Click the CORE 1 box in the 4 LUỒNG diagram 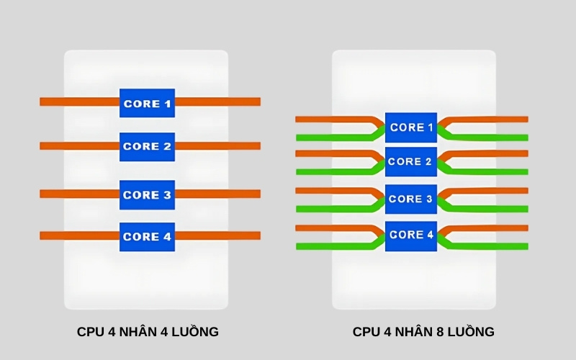(x=147, y=104)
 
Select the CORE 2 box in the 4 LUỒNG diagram (x=147, y=146)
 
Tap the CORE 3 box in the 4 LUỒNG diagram (x=147, y=194)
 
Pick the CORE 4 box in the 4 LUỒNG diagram (x=147, y=236)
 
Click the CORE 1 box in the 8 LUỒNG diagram (x=411, y=127)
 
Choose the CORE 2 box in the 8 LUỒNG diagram (x=411, y=162)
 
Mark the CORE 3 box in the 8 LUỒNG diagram (x=411, y=199)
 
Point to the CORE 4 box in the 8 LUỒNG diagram (x=411, y=235)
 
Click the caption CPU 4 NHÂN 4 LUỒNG (x=148, y=332)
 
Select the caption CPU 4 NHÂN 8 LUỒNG (x=423, y=332)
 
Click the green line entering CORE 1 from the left (x=331, y=137)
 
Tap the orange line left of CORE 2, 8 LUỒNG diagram (x=331, y=153)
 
